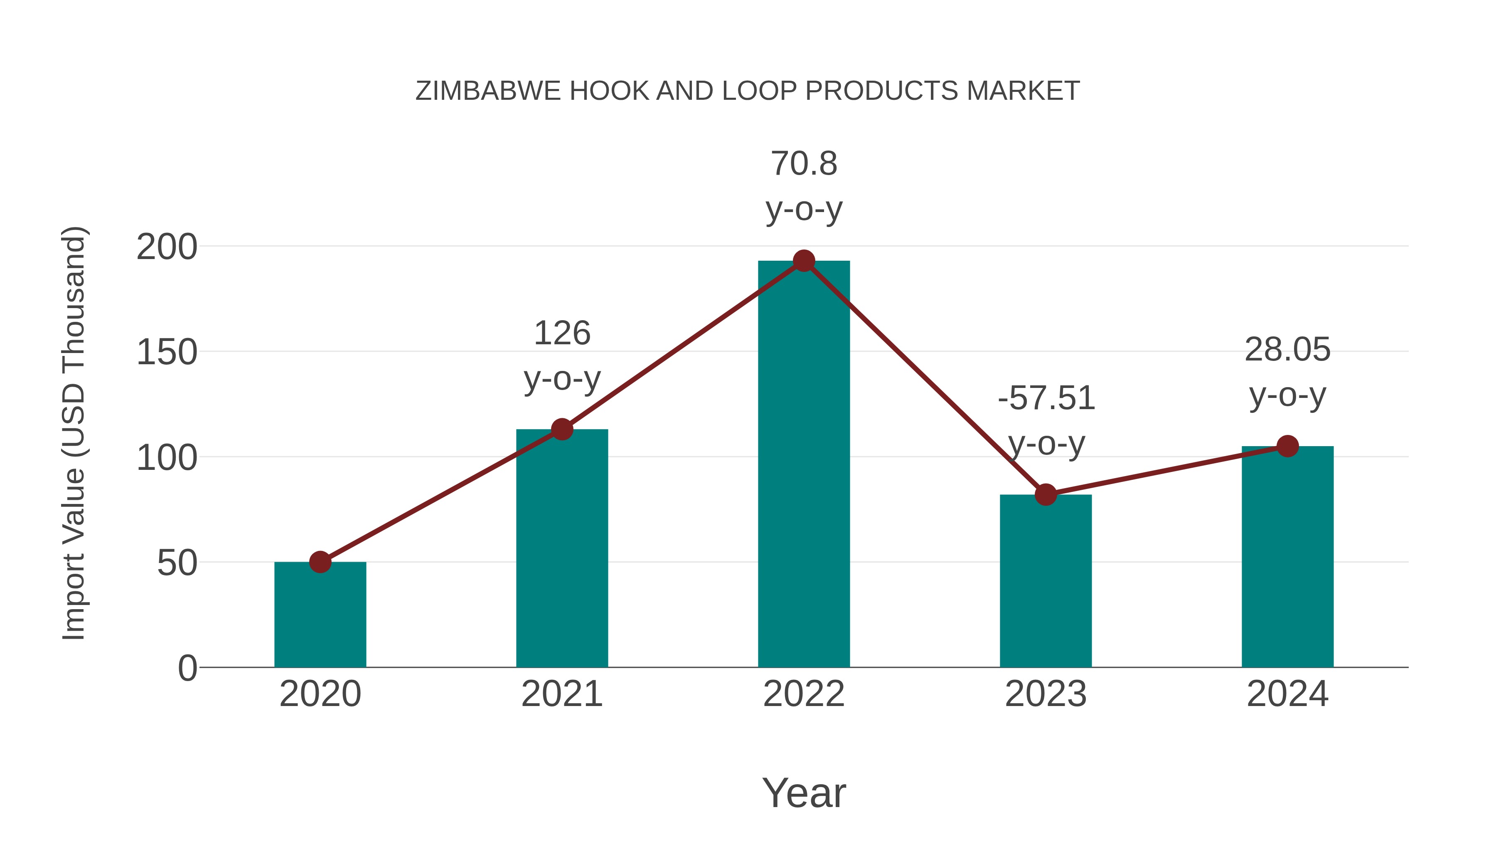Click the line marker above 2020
[320, 562]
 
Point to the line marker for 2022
[804, 261]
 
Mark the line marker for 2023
[1046, 494]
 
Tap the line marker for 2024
[1287, 446]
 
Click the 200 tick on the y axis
[167, 247]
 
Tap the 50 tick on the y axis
[177, 563]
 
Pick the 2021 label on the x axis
[561, 694]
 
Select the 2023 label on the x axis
[1046, 694]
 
